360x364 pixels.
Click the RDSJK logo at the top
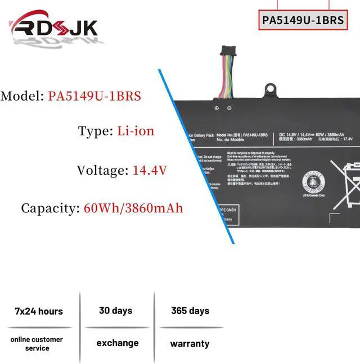pos(54,28)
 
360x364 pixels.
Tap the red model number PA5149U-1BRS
pos(94,96)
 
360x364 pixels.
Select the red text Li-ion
pos(136,131)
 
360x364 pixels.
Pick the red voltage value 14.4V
pos(149,170)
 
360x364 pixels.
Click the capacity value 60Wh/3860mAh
pos(133,208)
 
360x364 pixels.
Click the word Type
pos(94,131)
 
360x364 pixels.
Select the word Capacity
pos(49,208)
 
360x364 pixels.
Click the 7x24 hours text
pos(39,311)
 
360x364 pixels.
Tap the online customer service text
pos(37,344)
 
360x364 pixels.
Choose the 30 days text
pos(115,311)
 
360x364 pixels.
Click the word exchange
pos(117,343)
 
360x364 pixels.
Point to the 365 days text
pos(190,311)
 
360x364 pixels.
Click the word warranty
pos(190,344)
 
